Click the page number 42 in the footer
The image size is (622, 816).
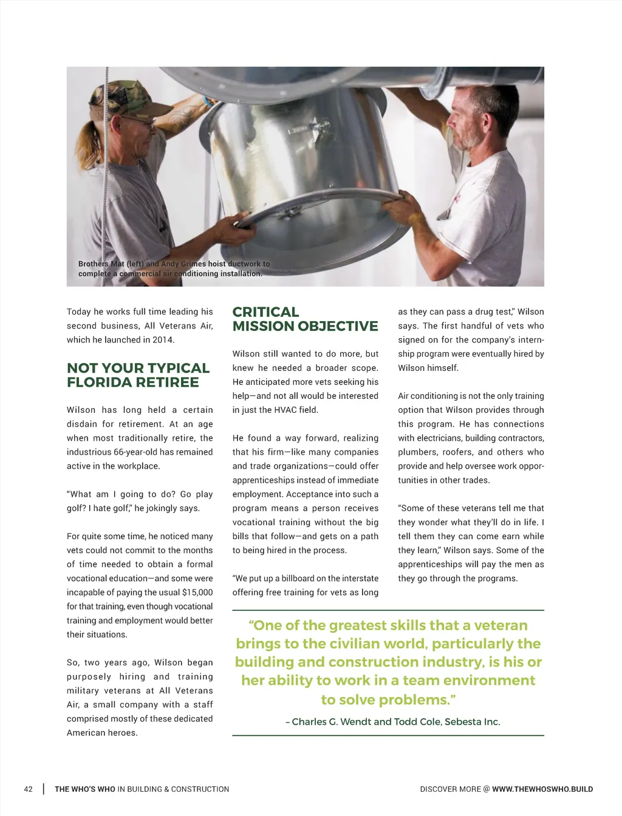(29, 789)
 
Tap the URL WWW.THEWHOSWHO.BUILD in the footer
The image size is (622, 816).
(542, 789)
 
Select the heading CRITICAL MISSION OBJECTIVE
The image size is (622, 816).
(305, 319)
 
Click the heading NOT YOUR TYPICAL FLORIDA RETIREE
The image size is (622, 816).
(138, 375)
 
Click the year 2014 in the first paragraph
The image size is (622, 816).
(162, 340)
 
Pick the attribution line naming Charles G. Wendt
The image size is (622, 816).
(393, 722)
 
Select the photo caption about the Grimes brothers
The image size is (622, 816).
(174, 269)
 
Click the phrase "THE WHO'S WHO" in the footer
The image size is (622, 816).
(84, 789)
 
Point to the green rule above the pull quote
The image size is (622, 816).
(388, 610)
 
